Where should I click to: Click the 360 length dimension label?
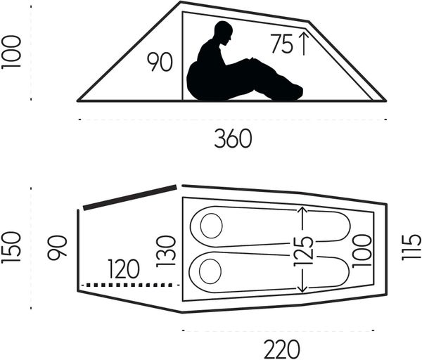[233, 139]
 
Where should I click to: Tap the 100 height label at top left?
[11, 52]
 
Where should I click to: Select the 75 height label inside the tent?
[281, 44]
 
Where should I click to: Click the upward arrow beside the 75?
[304, 44]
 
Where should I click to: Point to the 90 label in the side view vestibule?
[160, 62]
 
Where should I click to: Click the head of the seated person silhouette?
[224, 32]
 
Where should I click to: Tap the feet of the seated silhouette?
[293, 92]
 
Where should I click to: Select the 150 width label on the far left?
[11, 247]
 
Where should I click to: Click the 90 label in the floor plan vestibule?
[57, 247]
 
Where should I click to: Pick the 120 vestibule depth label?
[124, 269]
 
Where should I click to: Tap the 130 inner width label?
[166, 251]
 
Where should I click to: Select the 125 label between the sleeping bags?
[304, 251]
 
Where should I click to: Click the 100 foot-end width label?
[362, 251]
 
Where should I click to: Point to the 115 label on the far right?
[411, 247]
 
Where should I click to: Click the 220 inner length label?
[281, 349]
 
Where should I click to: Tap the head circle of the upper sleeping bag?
[211, 226]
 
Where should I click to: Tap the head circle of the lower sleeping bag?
[210, 271]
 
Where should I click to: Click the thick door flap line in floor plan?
[130, 197]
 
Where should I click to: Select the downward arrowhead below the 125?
[302, 289]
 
